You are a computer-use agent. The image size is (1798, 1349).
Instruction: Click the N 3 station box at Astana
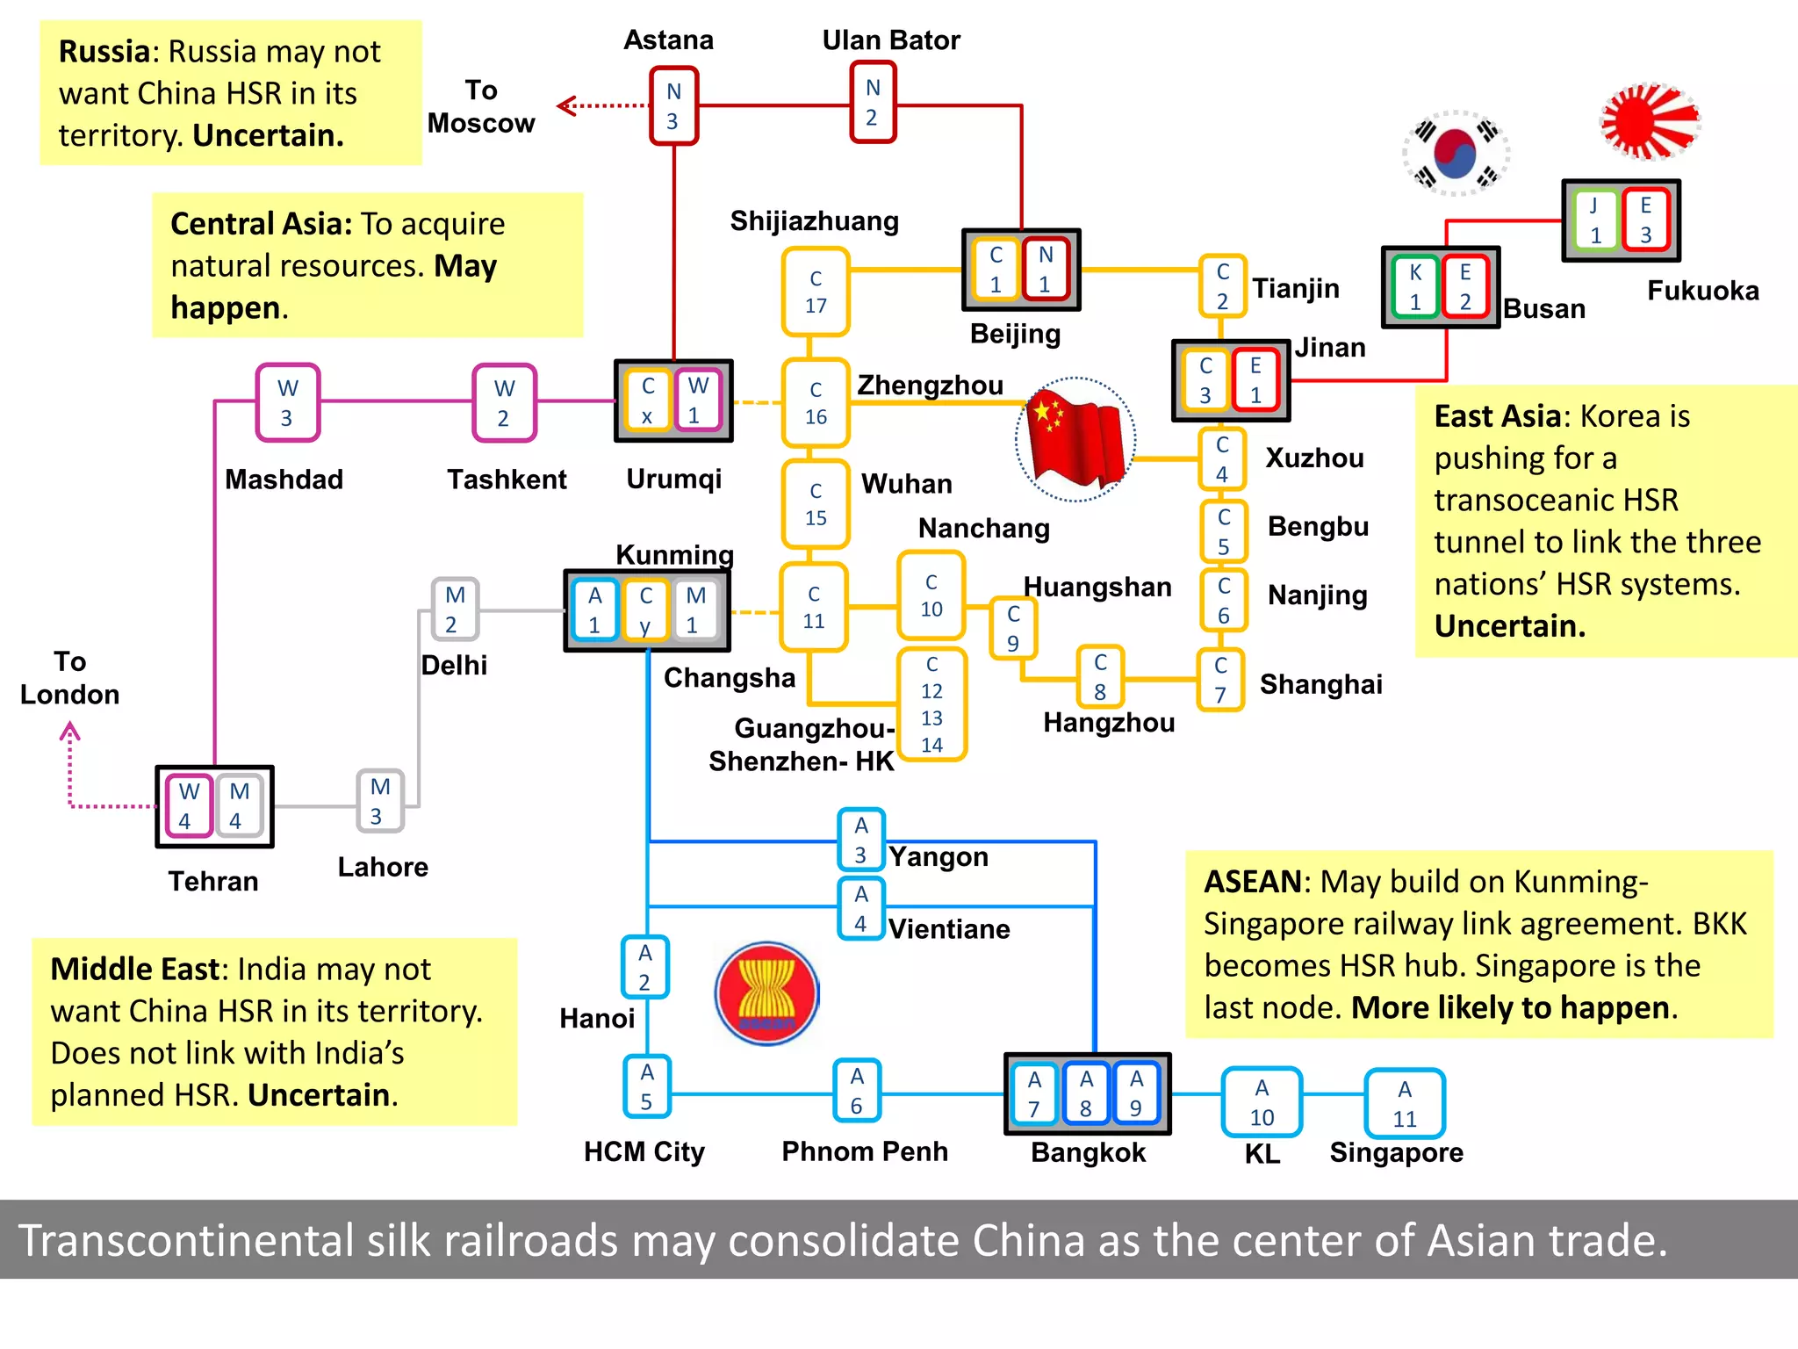pyautogui.click(x=673, y=105)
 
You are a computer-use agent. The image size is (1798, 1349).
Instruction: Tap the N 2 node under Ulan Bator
pyautogui.click(x=873, y=102)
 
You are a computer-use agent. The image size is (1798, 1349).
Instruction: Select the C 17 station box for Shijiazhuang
pyautogui.click(x=816, y=292)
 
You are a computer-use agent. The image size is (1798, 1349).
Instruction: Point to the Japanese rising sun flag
pyautogui.click(x=1651, y=121)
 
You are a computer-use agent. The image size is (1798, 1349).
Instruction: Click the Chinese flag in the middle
pyautogui.click(x=1075, y=439)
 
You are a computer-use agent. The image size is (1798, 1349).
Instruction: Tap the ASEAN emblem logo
pyautogui.click(x=767, y=993)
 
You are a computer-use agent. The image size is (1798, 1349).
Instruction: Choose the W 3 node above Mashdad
pyautogui.click(x=288, y=402)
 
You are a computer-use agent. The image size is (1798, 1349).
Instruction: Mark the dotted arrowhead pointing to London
pyautogui.click(x=70, y=731)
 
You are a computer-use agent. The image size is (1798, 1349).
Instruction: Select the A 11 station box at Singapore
pyautogui.click(x=1405, y=1103)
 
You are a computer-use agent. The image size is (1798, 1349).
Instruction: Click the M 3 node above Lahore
pyautogui.click(x=380, y=801)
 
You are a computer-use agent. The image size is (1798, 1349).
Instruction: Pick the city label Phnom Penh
pyautogui.click(x=865, y=1151)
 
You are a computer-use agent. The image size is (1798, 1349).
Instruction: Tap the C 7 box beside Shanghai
pyautogui.click(x=1221, y=680)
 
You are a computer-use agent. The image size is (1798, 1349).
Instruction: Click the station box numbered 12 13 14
pyautogui.click(x=931, y=704)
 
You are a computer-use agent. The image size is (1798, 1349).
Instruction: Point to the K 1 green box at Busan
pyautogui.click(x=1415, y=287)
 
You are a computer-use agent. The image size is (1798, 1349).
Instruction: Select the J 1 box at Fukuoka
pyautogui.click(x=1595, y=220)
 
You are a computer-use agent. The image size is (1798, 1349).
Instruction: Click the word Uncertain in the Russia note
pyautogui.click(x=268, y=135)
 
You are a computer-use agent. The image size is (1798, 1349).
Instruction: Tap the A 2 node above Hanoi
pyautogui.click(x=645, y=967)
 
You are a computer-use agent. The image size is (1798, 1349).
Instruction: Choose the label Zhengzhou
pyautogui.click(x=930, y=385)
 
